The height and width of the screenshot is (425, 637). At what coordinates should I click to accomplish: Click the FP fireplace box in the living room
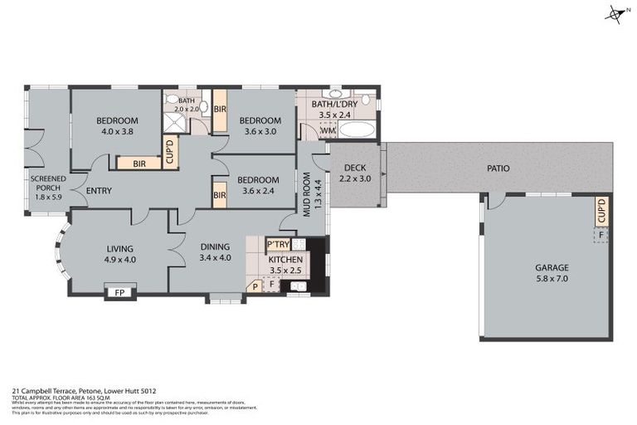[x=119, y=292]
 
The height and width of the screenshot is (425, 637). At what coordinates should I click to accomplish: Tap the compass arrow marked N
[x=615, y=14]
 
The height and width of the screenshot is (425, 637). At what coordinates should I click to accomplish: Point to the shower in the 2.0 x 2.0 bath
[x=175, y=123]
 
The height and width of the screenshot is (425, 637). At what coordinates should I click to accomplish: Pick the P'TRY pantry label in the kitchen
[x=277, y=244]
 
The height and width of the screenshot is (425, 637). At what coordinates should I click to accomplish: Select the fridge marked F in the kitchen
[x=271, y=284]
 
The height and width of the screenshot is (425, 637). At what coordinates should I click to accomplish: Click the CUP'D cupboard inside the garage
[x=601, y=211]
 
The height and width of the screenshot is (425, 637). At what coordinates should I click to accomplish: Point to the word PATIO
[x=498, y=169]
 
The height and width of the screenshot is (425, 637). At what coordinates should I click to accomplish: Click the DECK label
[x=355, y=169]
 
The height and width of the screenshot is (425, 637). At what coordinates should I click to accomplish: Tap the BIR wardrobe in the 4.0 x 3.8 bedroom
[x=139, y=164]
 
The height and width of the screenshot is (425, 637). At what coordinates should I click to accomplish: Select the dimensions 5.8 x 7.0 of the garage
[x=552, y=279]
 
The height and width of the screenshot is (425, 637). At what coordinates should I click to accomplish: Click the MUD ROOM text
[x=306, y=193]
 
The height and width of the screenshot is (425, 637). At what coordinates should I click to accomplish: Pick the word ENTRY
[x=99, y=191]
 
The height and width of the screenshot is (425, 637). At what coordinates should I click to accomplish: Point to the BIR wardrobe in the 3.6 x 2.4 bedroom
[x=220, y=195]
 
